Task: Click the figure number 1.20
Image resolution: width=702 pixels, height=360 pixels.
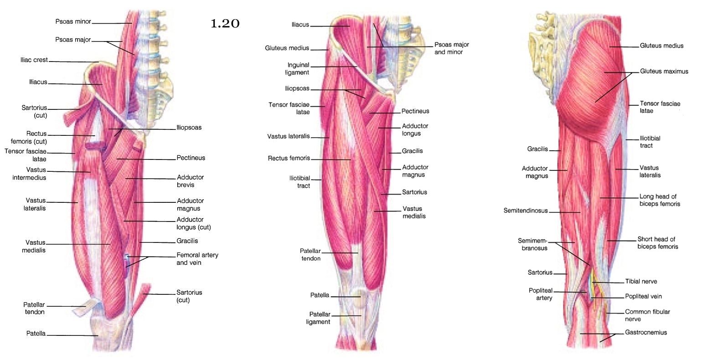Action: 225,23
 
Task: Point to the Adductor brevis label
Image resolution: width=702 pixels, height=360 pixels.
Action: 190,181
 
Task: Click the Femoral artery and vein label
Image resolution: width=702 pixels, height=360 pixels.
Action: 197,258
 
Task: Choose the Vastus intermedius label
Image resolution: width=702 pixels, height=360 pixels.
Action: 29,174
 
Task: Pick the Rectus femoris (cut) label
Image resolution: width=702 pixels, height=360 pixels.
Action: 29,138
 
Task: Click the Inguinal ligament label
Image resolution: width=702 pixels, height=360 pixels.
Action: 298,68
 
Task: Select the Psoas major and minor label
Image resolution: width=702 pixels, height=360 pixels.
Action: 451,48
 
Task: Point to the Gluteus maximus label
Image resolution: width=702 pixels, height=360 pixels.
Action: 664,72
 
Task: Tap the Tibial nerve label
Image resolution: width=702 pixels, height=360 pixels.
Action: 641,282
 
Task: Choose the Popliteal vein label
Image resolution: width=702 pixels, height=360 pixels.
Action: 643,296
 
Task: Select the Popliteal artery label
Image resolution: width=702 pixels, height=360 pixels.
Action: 541,294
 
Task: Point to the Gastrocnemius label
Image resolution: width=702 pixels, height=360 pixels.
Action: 645,332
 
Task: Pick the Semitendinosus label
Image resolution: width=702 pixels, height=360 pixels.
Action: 526,211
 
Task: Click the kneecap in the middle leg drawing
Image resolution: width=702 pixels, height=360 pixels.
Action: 359,297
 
